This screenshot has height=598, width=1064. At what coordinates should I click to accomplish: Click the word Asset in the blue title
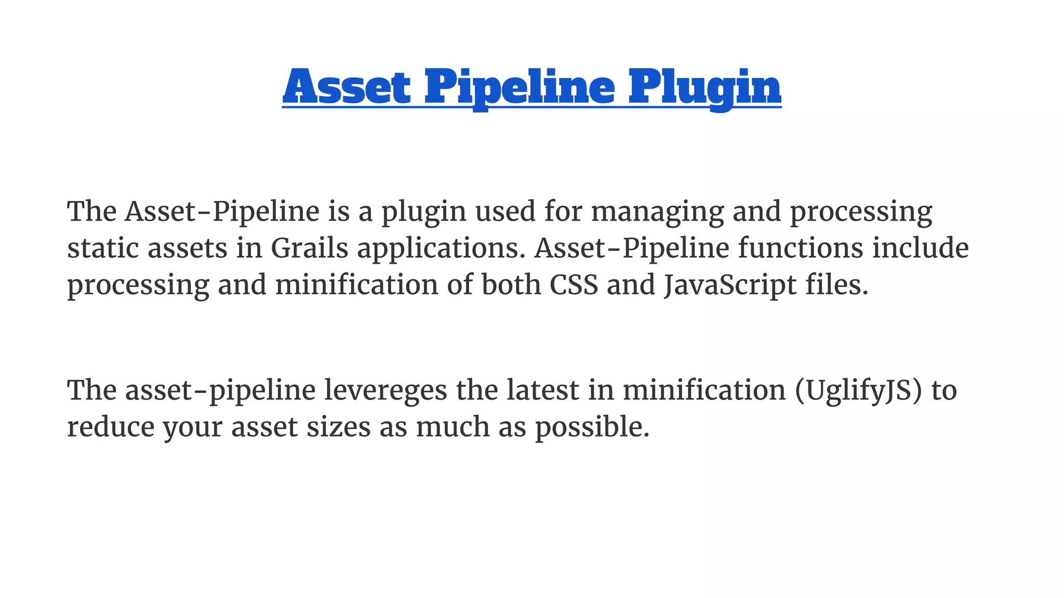pyautogui.click(x=347, y=87)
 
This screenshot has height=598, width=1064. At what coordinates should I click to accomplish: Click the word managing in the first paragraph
pyautogui.click(x=657, y=212)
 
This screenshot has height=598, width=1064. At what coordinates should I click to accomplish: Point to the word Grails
pyautogui.click(x=309, y=248)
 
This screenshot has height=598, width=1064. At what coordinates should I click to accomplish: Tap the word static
pyautogui.click(x=103, y=248)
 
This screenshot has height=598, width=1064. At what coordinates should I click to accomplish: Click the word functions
pyautogui.click(x=801, y=248)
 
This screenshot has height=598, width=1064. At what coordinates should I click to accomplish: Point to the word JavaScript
pyautogui.click(x=730, y=286)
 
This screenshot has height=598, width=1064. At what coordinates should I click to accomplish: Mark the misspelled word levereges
pyautogui.click(x=385, y=391)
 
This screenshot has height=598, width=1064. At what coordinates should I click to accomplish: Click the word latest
pyautogui.click(x=542, y=390)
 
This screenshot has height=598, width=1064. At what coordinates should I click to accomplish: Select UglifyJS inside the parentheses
pyautogui.click(x=859, y=391)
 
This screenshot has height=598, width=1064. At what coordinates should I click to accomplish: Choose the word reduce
pyautogui.click(x=111, y=427)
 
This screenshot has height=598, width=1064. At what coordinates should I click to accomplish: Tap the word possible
pyautogui.click(x=592, y=428)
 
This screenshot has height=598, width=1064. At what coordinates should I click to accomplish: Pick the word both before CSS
pyautogui.click(x=511, y=285)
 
